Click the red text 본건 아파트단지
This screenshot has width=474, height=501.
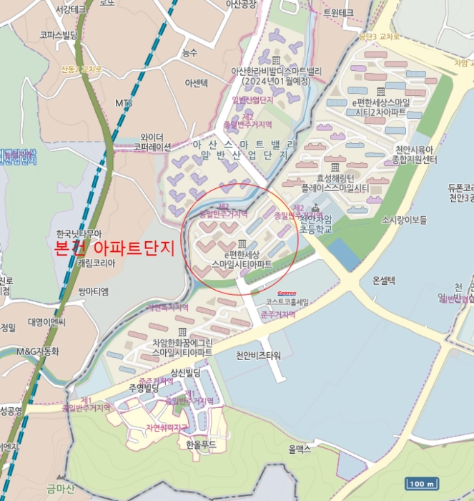114,248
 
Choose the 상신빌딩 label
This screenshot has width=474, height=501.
184,372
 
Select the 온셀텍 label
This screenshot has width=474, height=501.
384,280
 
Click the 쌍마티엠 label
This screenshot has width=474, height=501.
94,291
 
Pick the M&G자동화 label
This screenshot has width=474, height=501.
37,351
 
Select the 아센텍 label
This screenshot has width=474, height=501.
196,83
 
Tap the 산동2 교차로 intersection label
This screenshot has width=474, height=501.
83,69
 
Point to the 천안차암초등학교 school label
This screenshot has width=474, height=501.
315,223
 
